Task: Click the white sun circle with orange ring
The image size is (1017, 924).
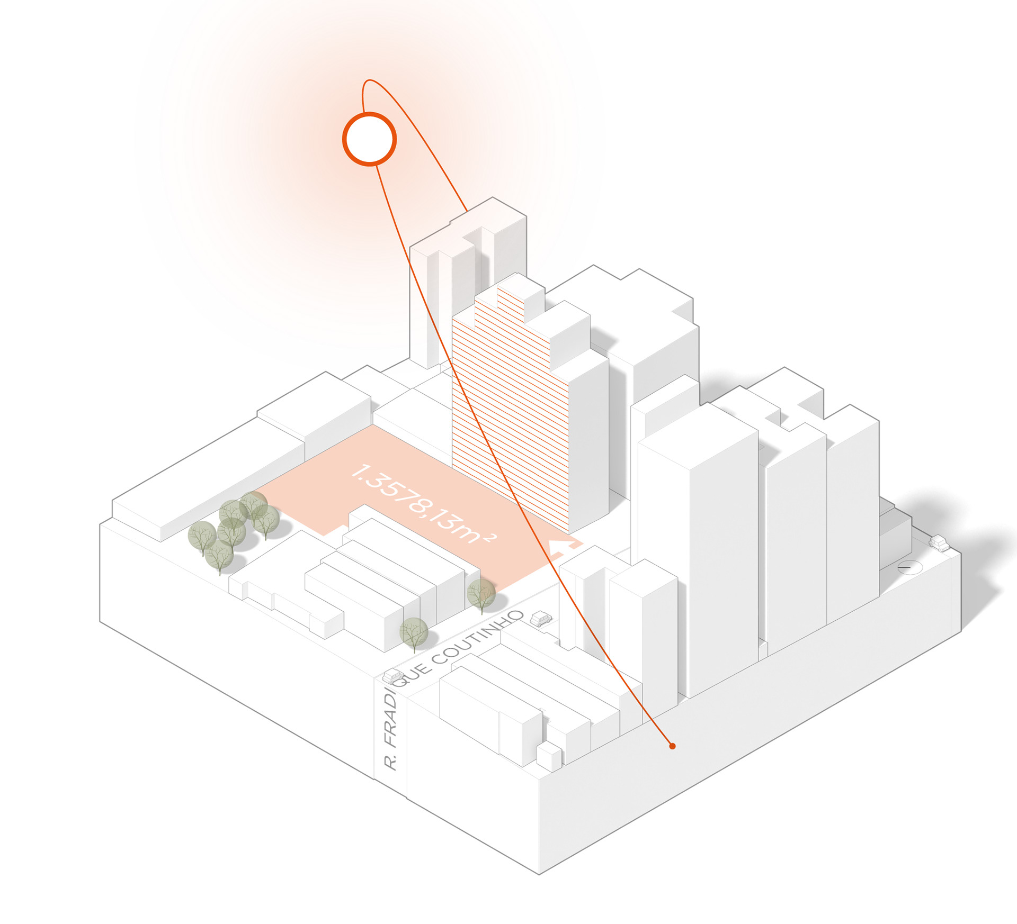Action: point(369,139)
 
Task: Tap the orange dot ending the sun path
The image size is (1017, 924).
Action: point(672,746)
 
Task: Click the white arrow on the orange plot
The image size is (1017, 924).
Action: point(563,548)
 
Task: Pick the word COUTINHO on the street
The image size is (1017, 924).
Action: point(478,637)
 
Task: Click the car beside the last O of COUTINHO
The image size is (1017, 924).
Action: point(540,618)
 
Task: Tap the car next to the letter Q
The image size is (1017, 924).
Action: point(393,676)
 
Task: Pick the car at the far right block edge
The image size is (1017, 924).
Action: point(939,542)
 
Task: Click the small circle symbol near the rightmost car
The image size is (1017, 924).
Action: point(909,567)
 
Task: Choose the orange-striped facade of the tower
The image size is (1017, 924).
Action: point(508,413)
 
